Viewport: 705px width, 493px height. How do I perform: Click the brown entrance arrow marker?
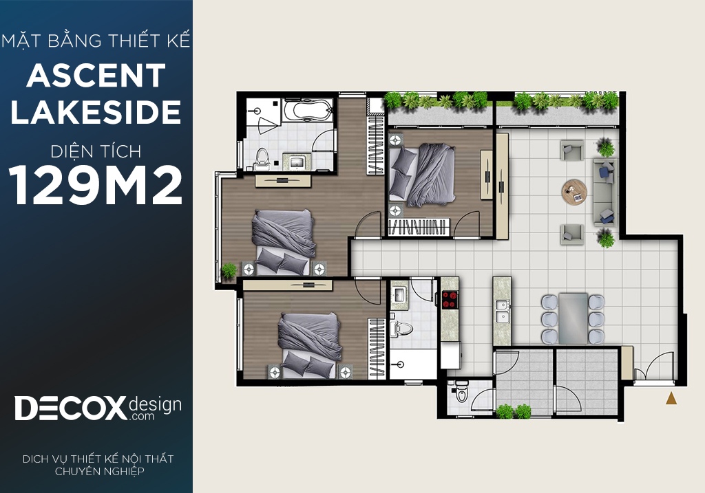671,398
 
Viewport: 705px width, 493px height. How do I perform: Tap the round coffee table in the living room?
574,192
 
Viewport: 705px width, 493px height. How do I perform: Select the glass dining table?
573,318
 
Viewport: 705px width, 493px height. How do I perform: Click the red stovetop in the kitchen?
449,300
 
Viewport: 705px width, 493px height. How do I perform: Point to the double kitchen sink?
502,311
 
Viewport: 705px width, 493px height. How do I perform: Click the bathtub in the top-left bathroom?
308,110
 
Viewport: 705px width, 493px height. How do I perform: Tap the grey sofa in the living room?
604,192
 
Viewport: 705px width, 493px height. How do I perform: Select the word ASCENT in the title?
96,76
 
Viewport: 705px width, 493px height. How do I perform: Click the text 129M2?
95,185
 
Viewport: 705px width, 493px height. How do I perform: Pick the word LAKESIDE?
96,112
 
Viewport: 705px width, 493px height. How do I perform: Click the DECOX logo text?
71,408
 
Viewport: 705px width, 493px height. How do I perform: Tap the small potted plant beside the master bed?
229,271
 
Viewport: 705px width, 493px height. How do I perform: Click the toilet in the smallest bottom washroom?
461,393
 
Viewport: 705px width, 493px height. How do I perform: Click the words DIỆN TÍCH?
96,151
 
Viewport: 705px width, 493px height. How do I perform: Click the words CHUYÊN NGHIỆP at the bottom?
99,471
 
